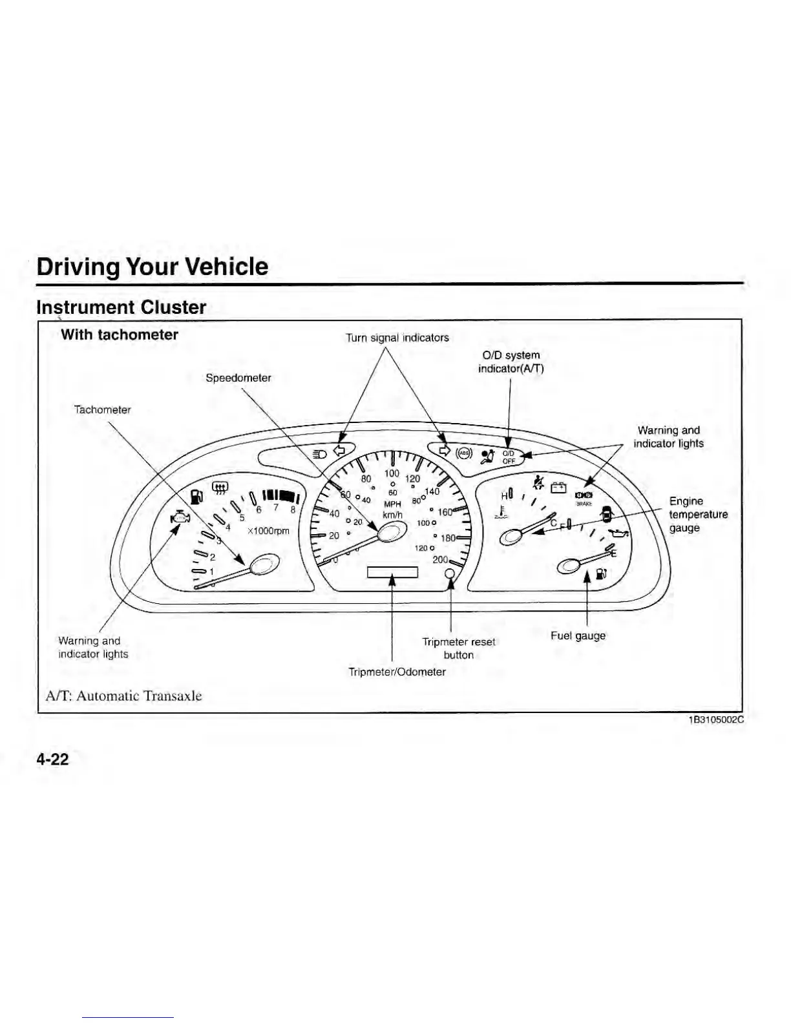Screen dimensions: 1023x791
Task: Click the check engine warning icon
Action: (x=180, y=519)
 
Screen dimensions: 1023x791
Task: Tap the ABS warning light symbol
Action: (x=465, y=453)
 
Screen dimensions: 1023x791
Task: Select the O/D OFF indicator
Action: (x=509, y=457)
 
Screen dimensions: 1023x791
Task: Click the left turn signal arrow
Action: (x=340, y=450)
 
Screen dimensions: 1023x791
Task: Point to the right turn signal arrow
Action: (x=444, y=450)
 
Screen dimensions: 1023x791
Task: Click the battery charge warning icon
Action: (x=558, y=488)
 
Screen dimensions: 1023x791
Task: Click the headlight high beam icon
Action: (x=319, y=453)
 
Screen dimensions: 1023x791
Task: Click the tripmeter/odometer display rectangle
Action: (x=392, y=572)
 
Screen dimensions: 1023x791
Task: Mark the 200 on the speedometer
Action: (x=440, y=559)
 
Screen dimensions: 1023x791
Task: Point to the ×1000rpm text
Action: (x=268, y=531)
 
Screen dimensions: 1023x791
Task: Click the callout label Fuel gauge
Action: (x=578, y=635)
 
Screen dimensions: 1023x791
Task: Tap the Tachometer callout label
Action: (x=102, y=409)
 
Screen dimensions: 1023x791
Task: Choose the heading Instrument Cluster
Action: (x=121, y=307)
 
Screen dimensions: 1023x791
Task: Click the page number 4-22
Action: (x=52, y=759)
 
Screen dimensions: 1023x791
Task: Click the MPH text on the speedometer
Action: (x=393, y=504)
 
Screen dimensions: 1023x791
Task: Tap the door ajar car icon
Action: (x=606, y=514)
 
